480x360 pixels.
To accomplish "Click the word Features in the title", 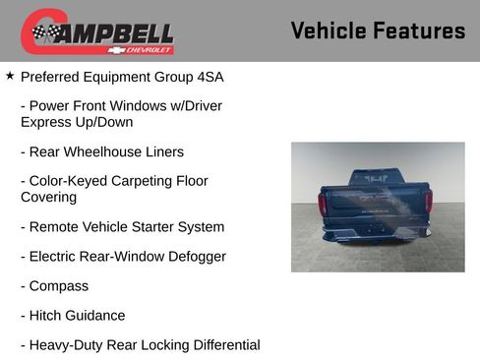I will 417,31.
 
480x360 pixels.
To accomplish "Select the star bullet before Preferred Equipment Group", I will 10,75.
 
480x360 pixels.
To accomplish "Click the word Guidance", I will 96,316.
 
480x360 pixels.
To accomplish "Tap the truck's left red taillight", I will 323,204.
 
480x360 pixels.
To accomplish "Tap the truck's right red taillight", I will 428,202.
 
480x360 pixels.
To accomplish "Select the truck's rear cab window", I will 376,178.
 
